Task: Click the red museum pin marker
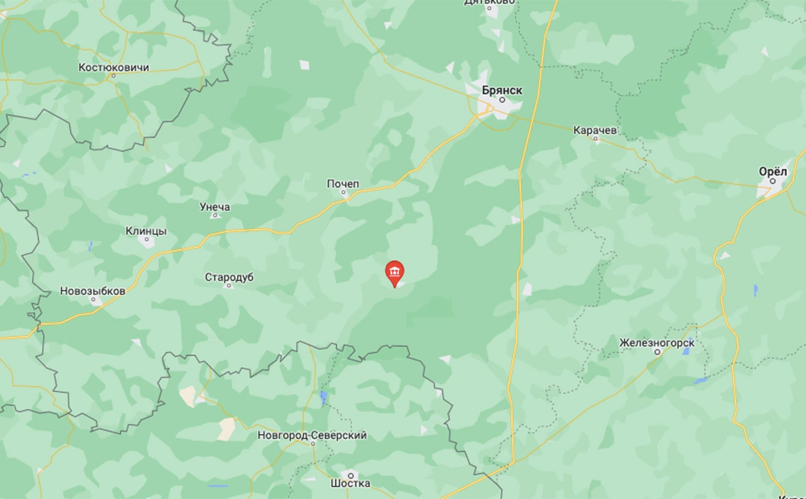pos(395,273)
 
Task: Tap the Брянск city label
pos(502,90)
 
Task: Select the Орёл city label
pos(773,171)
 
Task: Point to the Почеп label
pos(343,184)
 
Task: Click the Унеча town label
pos(214,207)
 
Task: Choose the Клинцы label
pos(146,231)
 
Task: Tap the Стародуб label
pos(229,277)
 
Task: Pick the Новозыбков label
pos(93,291)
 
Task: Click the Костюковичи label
pos(113,67)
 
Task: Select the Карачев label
pos(595,129)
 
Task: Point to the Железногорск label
pos(657,342)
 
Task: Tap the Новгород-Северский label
pos(312,435)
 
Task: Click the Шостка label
pos(350,483)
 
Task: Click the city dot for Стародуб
pos(230,286)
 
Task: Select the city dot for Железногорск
pos(657,352)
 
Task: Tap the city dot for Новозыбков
pos(93,299)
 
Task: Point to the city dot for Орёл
pos(773,181)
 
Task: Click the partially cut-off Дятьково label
pos(489,3)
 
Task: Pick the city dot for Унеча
pos(214,216)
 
